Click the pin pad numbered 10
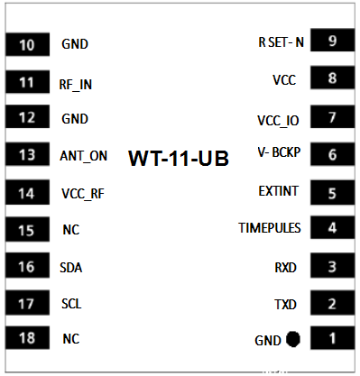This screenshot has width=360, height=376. pos(27,44)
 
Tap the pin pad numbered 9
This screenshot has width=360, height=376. pos(332,41)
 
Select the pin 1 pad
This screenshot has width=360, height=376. pos(332,339)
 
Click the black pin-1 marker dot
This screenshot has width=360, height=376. pos(293,340)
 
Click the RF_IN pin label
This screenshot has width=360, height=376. pos(76,84)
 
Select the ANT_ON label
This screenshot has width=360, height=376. pos(83,155)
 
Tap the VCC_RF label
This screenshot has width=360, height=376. pos(83,193)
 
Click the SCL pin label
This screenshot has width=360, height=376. pos(71,304)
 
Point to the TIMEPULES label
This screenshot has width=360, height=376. pos(270,228)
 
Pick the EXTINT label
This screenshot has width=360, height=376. pos(279,190)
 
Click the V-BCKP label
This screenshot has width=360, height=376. pos(279,152)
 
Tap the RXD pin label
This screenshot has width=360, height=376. pos(285,267)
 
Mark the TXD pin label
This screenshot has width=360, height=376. pos(285,304)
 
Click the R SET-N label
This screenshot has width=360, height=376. pos(282,42)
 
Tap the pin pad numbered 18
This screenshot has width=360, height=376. pos(27,338)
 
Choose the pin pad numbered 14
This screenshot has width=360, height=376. pos(27,193)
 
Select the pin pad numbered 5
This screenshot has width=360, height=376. pos(332,192)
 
